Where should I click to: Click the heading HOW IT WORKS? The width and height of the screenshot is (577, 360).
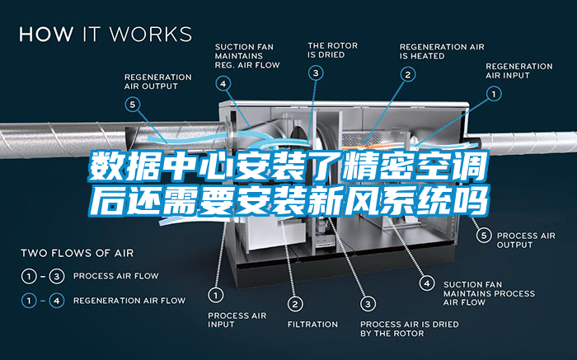(105, 35)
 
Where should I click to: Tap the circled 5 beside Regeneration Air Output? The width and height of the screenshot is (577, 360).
(133, 104)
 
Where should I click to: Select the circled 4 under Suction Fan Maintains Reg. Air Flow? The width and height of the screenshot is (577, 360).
(223, 82)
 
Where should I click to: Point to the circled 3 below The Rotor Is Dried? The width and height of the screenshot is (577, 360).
(316, 73)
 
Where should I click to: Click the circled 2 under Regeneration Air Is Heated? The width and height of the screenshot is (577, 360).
(407, 73)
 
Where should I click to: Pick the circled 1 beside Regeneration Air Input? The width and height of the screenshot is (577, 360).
(493, 95)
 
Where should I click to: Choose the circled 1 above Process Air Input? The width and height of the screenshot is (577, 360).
(216, 293)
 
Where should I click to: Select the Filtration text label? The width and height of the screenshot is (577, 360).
(312, 324)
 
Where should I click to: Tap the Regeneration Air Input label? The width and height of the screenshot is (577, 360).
(519, 70)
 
